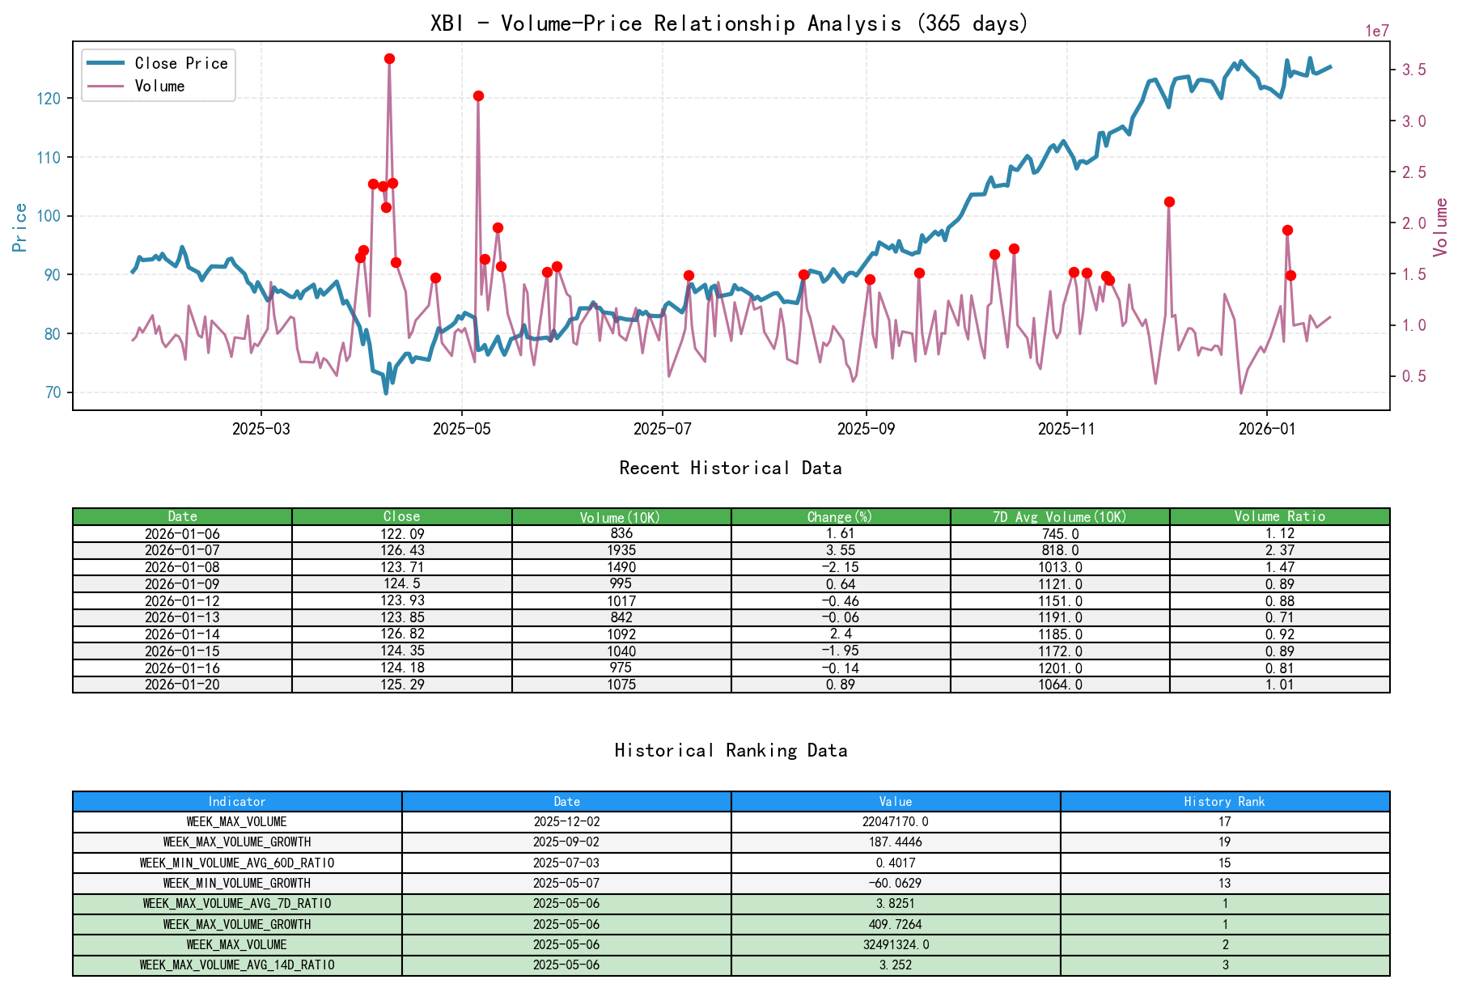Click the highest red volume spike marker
tap(389, 59)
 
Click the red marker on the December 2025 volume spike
tap(1169, 202)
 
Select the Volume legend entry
tap(159, 86)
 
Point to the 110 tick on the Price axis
tap(49, 157)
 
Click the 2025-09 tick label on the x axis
tap(866, 429)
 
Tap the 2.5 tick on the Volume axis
tap(1413, 172)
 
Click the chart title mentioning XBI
tap(729, 23)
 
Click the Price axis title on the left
tap(20, 227)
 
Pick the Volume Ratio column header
tap(1279, 516)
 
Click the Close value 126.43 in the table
tap(402, 550)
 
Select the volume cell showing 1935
tap(621, 550)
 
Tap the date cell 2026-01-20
tap(182, 685)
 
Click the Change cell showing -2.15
tap(841, 567)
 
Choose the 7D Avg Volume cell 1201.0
tap(1060, 668)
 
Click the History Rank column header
tap(1224, 802)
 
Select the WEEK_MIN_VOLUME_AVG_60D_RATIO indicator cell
tap(237, 863)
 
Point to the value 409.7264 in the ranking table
tap(896, 924)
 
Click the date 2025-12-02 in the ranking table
tap(566, 822)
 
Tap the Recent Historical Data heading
tap(730, 468)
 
